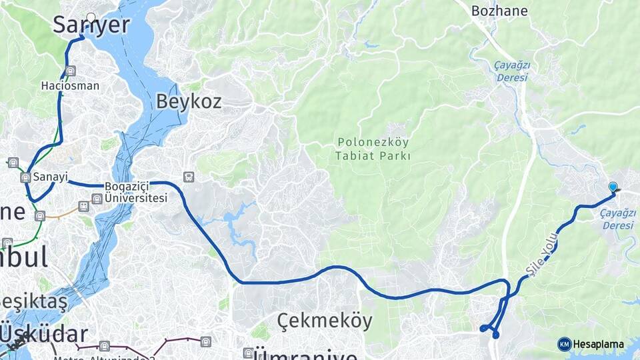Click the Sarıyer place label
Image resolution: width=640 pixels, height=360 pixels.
[91, 25]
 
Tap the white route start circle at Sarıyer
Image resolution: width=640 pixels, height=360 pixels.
[91, 18]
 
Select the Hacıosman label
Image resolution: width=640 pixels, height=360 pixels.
[70, 85]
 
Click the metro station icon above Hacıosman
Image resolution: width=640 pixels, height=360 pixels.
[71, 71]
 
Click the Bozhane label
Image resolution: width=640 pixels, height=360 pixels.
[499, 11]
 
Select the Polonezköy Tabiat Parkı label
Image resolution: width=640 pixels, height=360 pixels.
[373, 149]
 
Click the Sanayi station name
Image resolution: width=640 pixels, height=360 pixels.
[51, 177]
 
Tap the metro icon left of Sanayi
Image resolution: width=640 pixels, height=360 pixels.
[25, 177]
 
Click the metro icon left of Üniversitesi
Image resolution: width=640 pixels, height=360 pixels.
[97, 198]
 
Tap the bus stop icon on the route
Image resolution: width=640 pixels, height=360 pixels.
[189, 177]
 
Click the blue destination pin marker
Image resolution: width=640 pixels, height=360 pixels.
[613, 187]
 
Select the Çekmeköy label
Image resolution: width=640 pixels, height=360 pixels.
[325, 320]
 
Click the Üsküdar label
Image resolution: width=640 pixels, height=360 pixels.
[44, 333]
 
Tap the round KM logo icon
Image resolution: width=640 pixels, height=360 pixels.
[564, 344]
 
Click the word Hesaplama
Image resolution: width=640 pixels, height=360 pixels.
[598, 345]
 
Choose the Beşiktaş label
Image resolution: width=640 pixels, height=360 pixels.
[33, 302]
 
